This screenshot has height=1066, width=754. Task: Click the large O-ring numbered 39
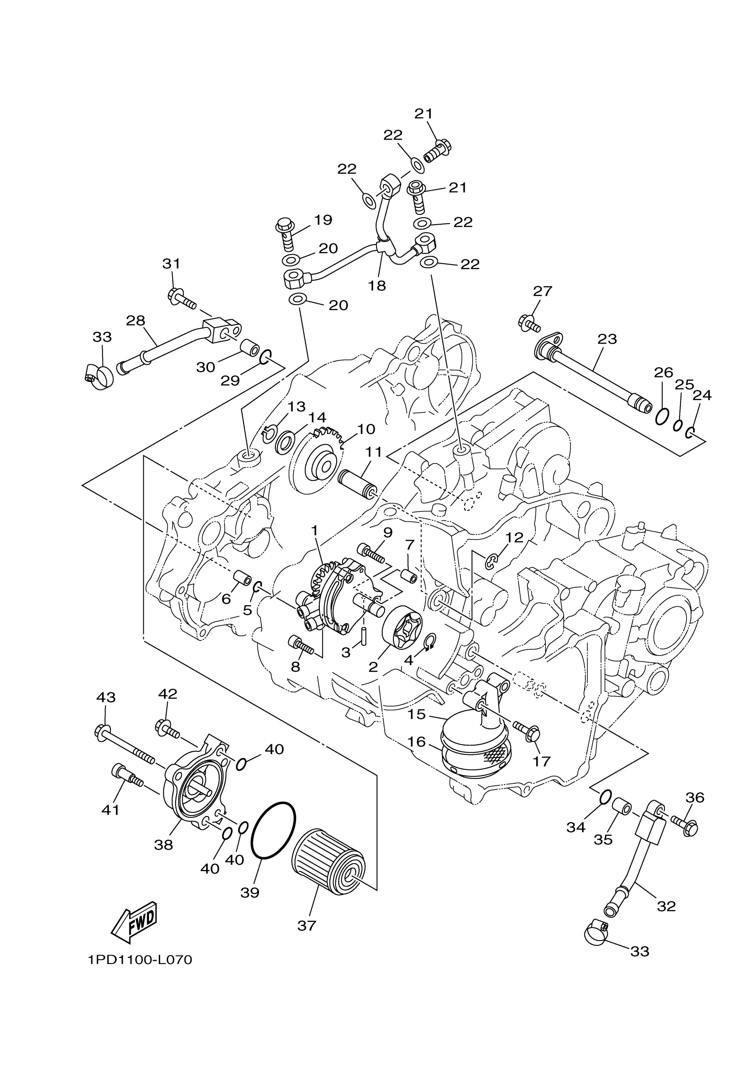tap(273, 830)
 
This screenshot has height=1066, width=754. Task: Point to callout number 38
tap(163, 845)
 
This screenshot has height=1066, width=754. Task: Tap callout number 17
tap(542, 761)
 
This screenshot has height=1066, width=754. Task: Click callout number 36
tap(695, 798)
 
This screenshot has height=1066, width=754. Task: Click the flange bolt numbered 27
tap(529, 323)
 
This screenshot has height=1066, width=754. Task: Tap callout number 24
tap(702, 395)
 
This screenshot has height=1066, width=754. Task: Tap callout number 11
tap(373, 451)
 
